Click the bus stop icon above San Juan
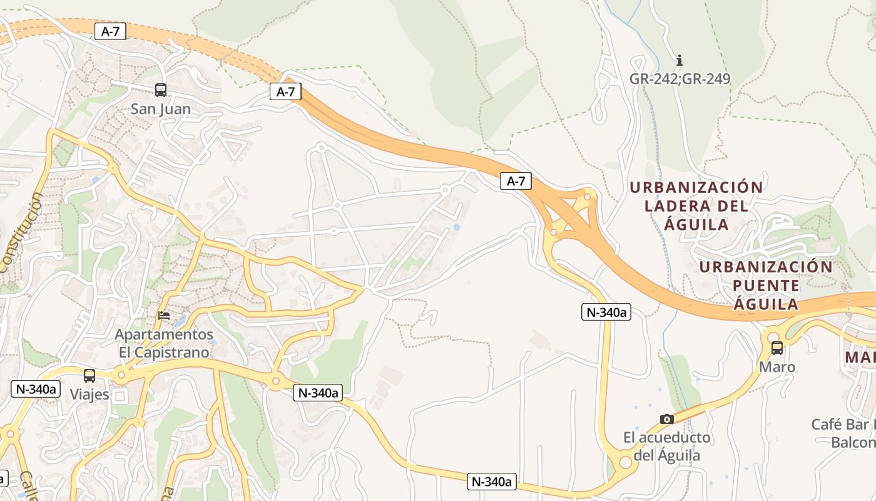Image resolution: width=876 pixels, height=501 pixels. click(x=161, y=90)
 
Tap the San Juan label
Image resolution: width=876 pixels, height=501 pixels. click(x=161, y=109)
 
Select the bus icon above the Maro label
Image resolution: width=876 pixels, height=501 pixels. click(x=777, y=348)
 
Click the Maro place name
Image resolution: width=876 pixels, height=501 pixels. click(x=777, y=367)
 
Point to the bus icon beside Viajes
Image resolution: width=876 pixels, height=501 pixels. click(x=89, y=376)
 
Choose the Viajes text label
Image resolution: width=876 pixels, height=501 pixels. click(x=89, y=395)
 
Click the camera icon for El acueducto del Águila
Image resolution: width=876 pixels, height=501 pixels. click(x=667, y=419)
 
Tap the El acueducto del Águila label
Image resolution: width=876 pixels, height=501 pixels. click(x=667, y=446)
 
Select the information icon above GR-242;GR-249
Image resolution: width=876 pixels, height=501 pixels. click(x=680, y=61)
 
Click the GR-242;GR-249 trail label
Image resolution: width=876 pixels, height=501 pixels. click(x=680, y=79)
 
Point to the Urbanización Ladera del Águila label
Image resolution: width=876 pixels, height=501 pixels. click(x=696, y=205)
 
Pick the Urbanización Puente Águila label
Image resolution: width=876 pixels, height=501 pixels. click(x=766, y=286)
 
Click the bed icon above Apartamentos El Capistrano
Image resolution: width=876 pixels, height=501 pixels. click(x=164, y=316)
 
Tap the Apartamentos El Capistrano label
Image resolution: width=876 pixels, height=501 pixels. click(x=164, y=343)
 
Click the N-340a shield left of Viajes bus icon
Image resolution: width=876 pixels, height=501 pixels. click(x=36, y=389)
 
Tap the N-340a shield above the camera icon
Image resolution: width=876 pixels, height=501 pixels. click(x=606, y=312)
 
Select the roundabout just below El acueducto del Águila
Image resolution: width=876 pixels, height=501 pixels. click(x=624, y=463)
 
